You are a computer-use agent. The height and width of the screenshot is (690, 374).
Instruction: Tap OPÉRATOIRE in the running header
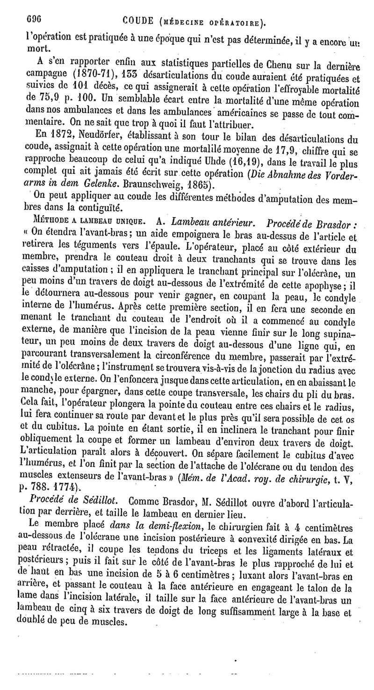coord(233,22)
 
